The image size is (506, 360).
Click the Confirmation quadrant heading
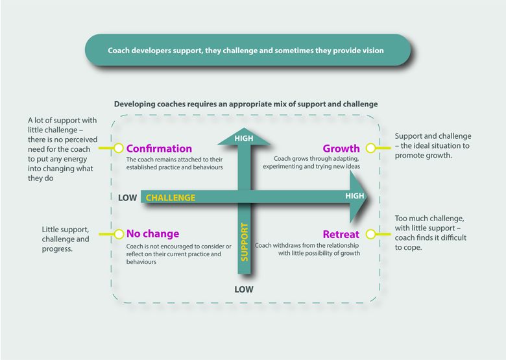coord(159,149)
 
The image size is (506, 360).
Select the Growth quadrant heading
coord(341,149)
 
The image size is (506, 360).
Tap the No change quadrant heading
coord(152,234)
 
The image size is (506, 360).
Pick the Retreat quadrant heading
coord(341,234)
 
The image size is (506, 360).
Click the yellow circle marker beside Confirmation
coord(119,148)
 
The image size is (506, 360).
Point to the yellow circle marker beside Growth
coord(370,148)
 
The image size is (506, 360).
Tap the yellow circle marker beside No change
coord(119,234)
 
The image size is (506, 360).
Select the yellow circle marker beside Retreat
coord(370,234)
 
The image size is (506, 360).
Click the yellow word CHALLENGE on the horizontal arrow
coord(170,197)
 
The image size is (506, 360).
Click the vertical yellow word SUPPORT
coord(245,241)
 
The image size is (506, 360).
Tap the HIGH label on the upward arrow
coord(244,138)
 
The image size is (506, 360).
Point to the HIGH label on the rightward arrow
coord(354,196)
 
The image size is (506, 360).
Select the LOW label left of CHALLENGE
coord(127,197)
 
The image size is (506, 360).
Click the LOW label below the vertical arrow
coord(244,289)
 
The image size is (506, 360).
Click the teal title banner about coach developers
coord(248,50)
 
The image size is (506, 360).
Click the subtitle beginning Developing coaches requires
coord(246,104)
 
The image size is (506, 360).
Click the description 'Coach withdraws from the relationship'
coord(307,250)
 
